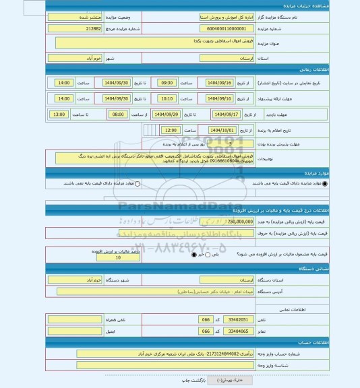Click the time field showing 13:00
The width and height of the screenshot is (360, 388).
(59, 115)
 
